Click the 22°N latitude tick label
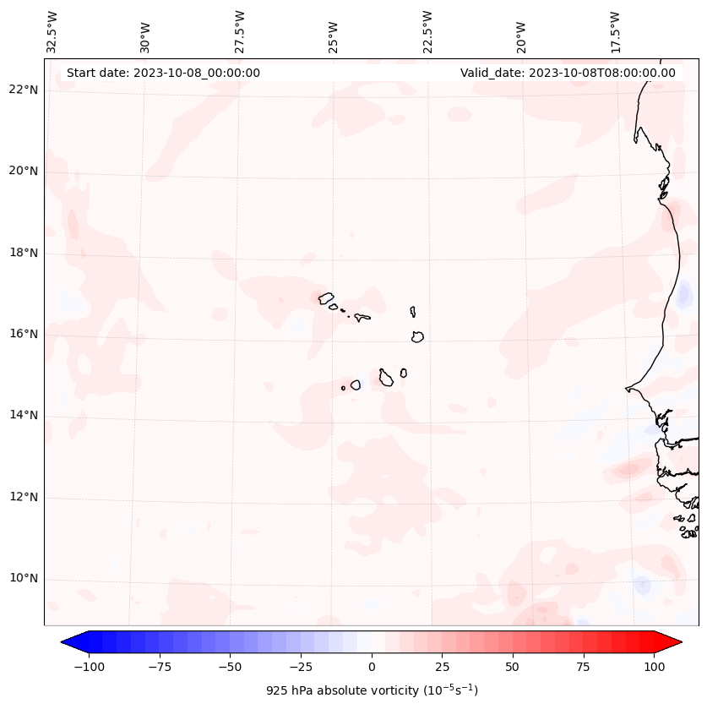tap(24, 90)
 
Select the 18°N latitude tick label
tap(24, 253)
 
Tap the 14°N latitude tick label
tap(24, 415)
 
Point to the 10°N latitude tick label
tap(24, 578)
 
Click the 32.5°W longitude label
tap(53, 32)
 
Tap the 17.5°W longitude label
tap(615, 32)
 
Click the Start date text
tap(163, 73)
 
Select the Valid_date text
tap(568, 73)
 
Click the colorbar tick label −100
tap(89, 667)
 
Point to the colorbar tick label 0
tap(372, 667)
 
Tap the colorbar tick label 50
tap(513, 667)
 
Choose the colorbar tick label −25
tap(301, 667)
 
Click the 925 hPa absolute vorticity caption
tap(372, 690)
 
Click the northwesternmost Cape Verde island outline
tap(326, 298)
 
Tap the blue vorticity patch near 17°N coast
tap(684, 295)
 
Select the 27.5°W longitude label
tap(240, 32)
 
